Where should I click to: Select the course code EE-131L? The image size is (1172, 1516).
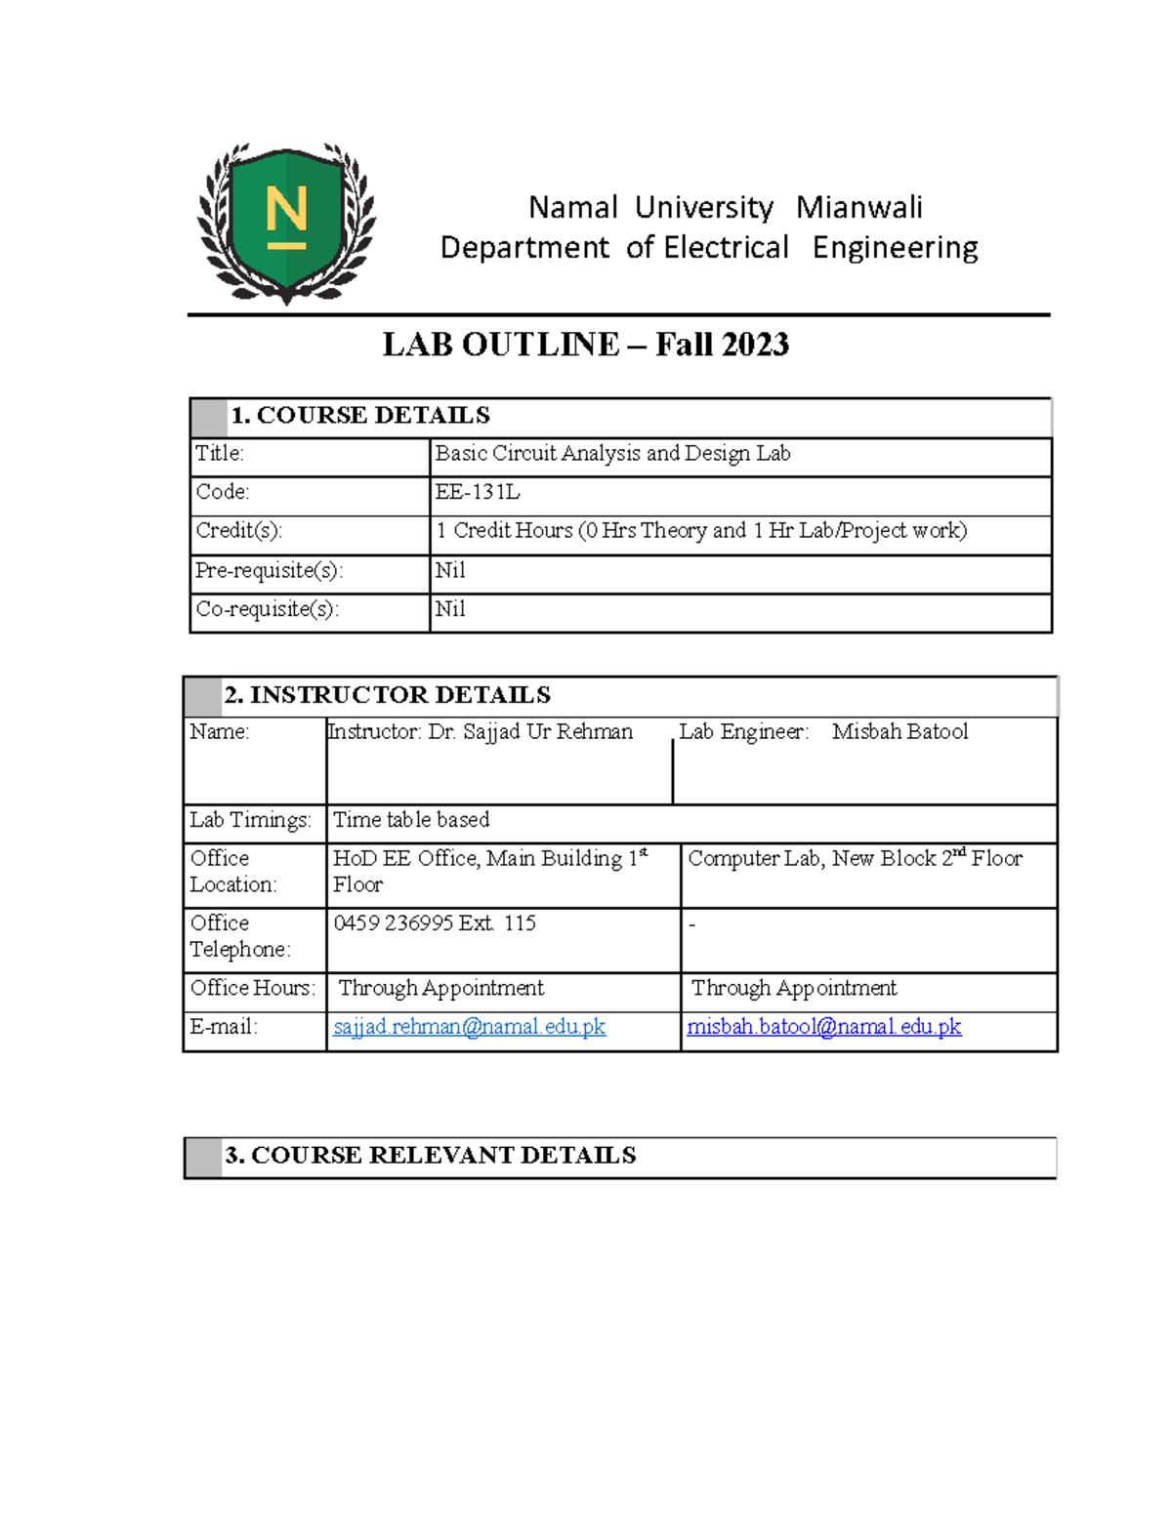(478, 492)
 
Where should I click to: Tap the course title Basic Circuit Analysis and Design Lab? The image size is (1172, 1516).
(612, 453)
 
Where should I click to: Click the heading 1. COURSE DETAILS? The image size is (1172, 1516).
(359, 416)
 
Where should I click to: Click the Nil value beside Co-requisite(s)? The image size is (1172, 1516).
(450, 609)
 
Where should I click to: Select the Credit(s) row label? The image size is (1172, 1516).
(238, 531)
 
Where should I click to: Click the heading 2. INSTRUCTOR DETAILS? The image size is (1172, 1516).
(387, 695)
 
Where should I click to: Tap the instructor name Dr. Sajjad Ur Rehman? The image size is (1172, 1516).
(530, 732)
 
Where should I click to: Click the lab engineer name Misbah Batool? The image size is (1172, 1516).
(900, 732)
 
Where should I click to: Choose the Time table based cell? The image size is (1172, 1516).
(411, 820)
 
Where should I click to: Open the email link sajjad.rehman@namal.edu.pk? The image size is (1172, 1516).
(469, 1027)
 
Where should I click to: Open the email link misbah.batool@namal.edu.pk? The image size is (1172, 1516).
(824, 1027)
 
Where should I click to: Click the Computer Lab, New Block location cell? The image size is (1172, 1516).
(855, 859)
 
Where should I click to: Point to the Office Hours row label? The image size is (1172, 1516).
(252, 988)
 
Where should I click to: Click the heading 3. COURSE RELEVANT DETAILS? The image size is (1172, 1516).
(430, 1156)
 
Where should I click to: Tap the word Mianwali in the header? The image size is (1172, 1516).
(858, 208)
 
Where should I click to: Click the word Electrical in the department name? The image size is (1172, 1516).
(726, 248)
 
